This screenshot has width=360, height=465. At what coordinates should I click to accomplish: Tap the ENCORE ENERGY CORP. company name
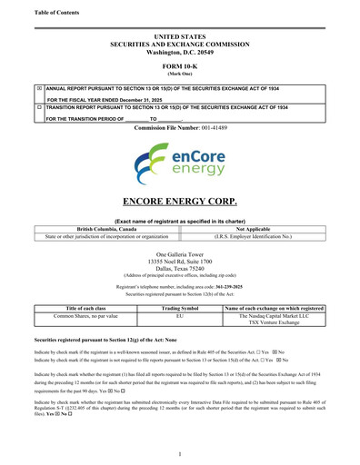coord(179,201)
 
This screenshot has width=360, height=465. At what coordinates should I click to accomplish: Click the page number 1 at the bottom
coord(180,453)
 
